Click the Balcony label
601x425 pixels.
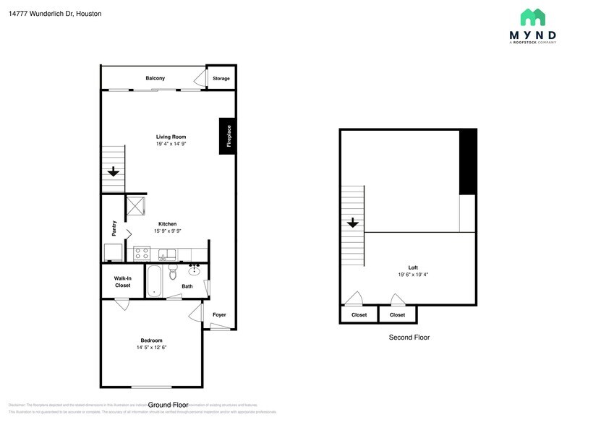(155, 78)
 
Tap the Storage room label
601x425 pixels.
(221, 78)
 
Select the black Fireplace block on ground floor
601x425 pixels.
(227, 135)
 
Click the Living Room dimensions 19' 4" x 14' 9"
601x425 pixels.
(171, 144)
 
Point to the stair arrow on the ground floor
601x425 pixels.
(114, 172)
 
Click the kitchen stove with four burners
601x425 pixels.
(142, 254)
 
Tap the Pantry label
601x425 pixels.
(114, 228)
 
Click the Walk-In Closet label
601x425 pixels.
(123, 282)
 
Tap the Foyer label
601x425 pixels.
(219, 314)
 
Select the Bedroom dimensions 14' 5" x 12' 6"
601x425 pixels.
(151, 348)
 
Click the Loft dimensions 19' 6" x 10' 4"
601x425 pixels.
(413, 275)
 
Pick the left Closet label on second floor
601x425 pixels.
(359, 315)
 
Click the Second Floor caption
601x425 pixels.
(409, 337)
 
